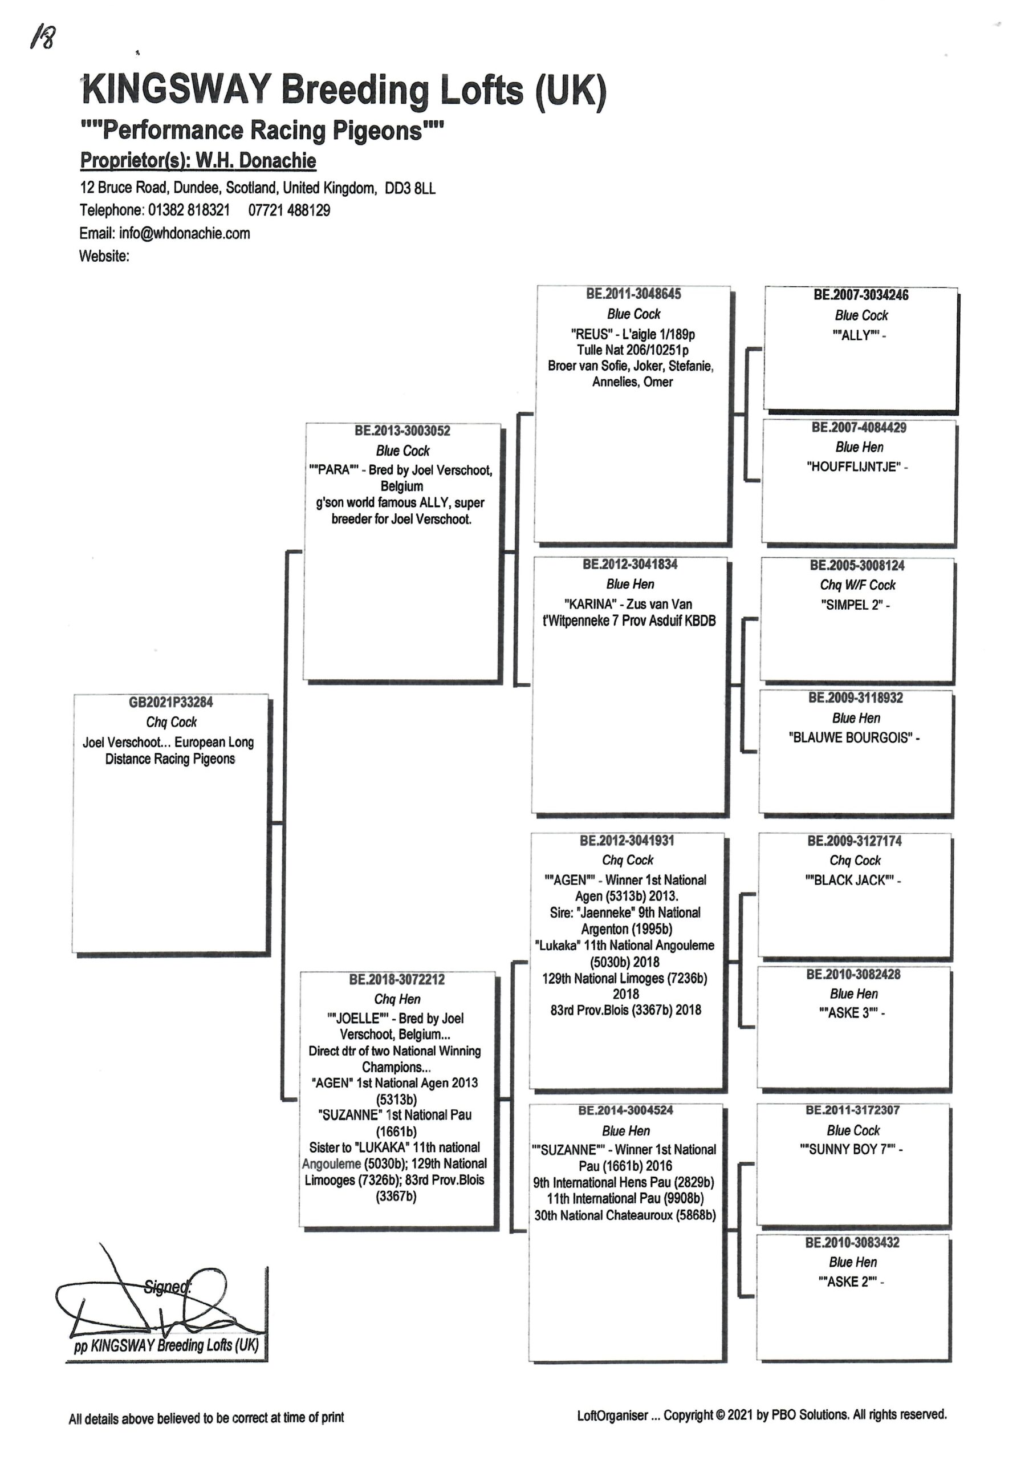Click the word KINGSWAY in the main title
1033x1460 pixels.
pyautogui.click(x=177, y=89)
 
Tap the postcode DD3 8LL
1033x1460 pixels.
pyautogui.click(x=410, y=188)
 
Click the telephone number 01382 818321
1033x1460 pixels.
pyautogui.click(x=188, y=210)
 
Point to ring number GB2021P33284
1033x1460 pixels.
pyautogui.click(x=171, y=702)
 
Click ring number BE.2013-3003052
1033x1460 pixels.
pyautogui.click(x=402, y=431)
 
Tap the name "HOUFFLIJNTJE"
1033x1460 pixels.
pyautogui.click(x=853, y=467)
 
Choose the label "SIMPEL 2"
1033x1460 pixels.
pyautogui.click(x=852, y=605)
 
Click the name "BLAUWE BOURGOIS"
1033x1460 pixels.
pyautogui.click(x=851, y=738)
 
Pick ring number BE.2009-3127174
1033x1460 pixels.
pyautogui.click(x=854, y=841)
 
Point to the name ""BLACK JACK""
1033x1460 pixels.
pyautogui.click(x=850, y=881)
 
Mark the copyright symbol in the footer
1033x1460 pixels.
pyautogui.click(x=720, y=1416)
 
